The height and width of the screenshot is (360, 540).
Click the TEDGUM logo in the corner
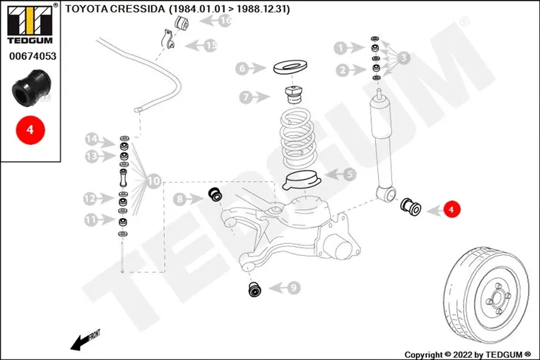point(30,24)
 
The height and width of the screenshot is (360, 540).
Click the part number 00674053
point(33,56)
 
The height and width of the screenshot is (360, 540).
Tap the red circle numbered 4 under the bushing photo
point(30,130)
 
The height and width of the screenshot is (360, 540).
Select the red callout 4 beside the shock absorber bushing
point(451,209)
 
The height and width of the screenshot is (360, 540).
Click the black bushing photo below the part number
point(31,88)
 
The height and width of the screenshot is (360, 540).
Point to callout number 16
point(225,21)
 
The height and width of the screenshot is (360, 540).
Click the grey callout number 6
point(242,69)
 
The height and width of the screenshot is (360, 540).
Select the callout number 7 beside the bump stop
point(246,98)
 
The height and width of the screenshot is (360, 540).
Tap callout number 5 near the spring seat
point(350,174)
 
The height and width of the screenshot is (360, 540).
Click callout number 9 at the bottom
point(293,288)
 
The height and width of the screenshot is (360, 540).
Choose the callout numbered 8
point(180,199)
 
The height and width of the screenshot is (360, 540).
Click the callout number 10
point(154,181)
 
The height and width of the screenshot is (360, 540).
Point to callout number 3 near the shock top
point(404,58)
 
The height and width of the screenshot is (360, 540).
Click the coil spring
point(297,138)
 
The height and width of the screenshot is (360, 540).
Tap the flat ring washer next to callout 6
point(290,67)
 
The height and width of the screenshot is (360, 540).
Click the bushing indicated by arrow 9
point(255,290)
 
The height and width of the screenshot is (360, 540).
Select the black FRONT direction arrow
point(84,341)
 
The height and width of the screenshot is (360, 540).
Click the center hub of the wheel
point(497,298)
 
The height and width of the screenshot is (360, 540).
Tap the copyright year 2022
point(462,355)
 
